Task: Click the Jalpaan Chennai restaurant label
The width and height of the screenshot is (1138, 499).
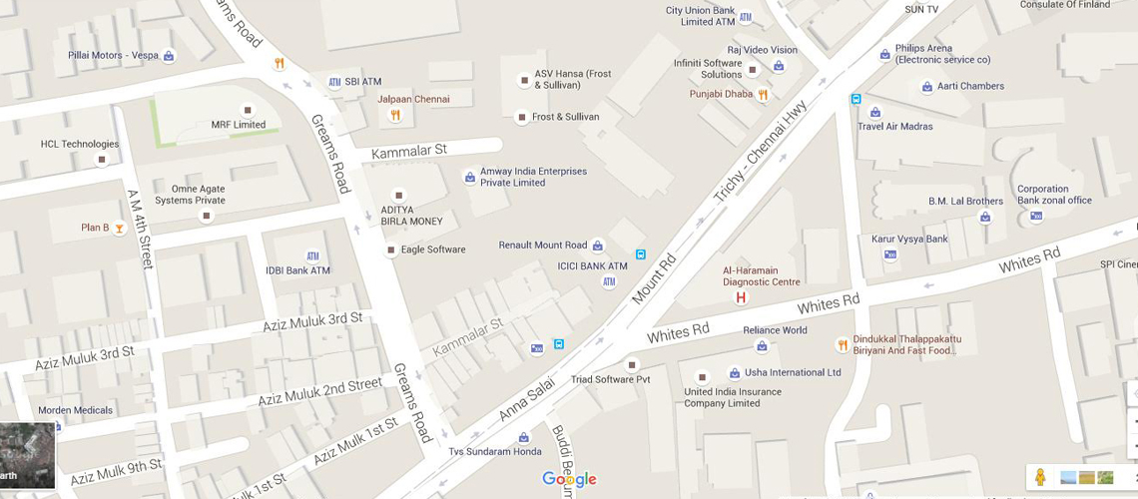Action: (413, 100)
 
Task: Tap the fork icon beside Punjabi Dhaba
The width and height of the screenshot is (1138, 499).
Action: (763, 95)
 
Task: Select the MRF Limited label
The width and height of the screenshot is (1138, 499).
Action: (238, 125)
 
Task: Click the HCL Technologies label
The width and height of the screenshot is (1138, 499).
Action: (80, 144)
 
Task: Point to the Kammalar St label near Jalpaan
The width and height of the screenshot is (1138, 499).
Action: (409, 152)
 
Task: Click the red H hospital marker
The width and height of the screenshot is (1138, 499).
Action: (741, 297)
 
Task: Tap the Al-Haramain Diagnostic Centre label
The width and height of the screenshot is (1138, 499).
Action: (761, 275)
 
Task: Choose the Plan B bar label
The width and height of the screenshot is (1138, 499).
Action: (95, 228)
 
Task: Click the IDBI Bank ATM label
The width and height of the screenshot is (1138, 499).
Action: (297, 270)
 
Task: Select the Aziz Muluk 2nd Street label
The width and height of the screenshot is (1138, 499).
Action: (319, 391)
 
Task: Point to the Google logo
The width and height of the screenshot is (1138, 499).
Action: (569, 480)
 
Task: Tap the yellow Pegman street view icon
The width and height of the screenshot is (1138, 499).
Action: (1039, 477)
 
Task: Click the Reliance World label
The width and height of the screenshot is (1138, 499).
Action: (775, 330)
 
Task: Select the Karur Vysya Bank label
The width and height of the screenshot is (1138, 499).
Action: (909, 240)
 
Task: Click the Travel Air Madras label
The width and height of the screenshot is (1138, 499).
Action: (894, 127)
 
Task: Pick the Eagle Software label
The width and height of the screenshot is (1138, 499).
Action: (433, 249)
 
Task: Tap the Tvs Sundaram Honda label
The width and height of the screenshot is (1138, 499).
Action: (495, 452)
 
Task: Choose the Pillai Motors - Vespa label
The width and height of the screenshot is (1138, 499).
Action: (113, 56)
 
